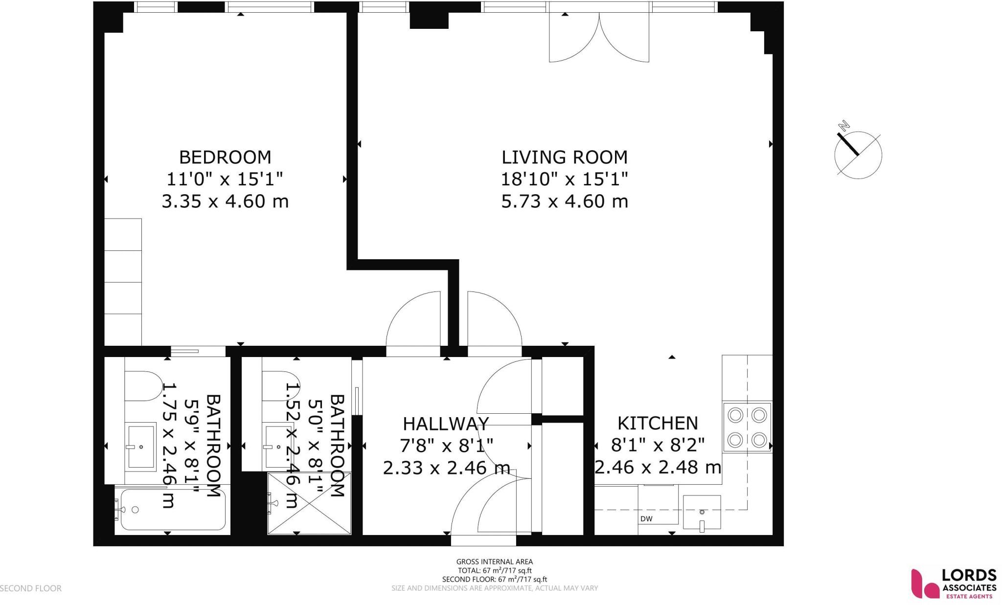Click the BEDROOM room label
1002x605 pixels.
225,157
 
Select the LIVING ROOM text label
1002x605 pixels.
564,157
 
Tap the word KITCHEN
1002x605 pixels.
657,423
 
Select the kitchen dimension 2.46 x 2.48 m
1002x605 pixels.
658,468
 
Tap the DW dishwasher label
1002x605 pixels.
646,519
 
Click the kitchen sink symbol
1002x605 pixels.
702,513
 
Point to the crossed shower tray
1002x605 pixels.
309,503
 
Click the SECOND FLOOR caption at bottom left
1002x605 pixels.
31,588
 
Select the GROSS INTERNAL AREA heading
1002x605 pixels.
494,562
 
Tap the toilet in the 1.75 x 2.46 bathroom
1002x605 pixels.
143,386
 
